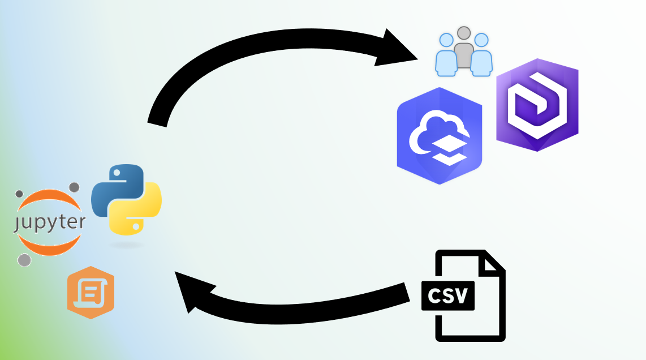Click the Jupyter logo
click(x=50, y=222)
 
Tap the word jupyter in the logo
click(x=50, y=222)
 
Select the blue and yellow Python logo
click(x=126, y=199)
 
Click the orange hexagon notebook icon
click(x=91, y=292)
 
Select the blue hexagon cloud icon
click(x=440, y=136)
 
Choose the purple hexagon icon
click(x=537, y=105)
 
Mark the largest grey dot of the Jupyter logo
click(x=24, y=260)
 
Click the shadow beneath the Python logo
click(x=126, y=245)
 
